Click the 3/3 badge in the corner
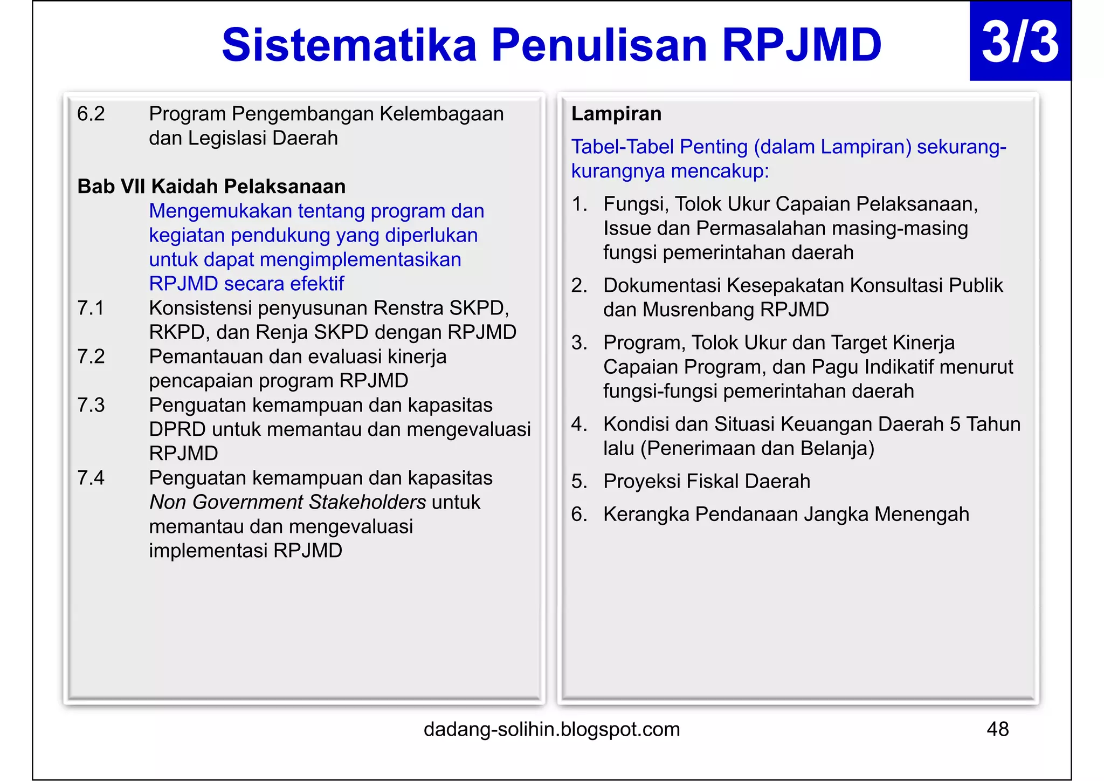tap(1020, 42)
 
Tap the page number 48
tap(997, 729)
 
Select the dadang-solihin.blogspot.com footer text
tap(551, 729)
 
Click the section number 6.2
tap(91, 114)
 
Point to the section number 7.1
tap(91, 308)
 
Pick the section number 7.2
tap(91, 357)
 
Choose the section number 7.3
tap(91, 405)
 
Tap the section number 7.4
tap(91, 478)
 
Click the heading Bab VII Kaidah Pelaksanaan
tap(211, 187)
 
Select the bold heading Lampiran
tap(616, 114)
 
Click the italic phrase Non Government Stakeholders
tap(287, 502)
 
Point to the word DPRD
tap(177, 429)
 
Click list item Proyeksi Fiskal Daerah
tap(706, 481)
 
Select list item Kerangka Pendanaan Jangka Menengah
tap(786, 514)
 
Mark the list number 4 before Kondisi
tap(578, 424)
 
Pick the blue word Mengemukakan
tap(220, 211)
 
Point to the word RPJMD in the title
tap(801, 45)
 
